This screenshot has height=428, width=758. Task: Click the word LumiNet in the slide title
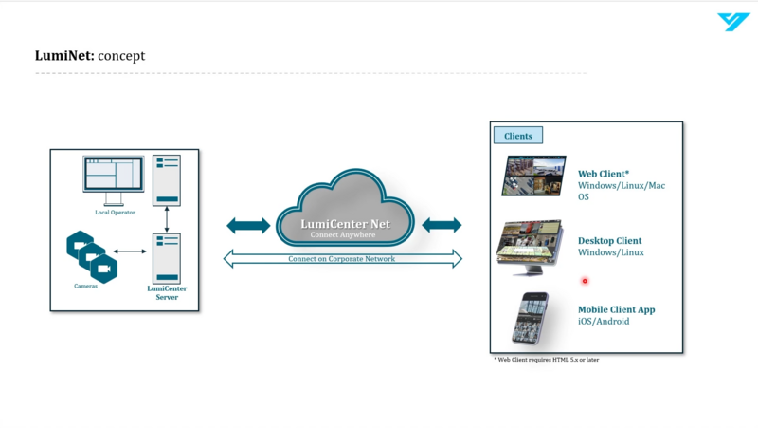pyautogui.click(x=64, y=56)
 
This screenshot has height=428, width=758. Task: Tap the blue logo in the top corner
pyautogui.click(x=733, y=22)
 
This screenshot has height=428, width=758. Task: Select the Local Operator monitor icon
pyautogui.click(x=114, y=177)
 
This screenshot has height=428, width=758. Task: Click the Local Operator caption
pyautogui.click(x=115, y=213)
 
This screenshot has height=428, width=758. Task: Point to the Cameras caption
pyautogui.click(x=86, y=286)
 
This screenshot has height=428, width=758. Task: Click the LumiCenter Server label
pyautogui.click(x=167, y=293)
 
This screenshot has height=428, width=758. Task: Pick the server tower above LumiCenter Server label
pyautogui.click(x=167, y=257)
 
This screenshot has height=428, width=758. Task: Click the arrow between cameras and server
pyautogui.click(x=132, y=251)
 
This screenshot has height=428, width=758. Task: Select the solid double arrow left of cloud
pyautogui.click(x=248, y=225)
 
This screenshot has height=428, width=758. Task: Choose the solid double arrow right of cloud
pyautogui.click(x=442, y=225)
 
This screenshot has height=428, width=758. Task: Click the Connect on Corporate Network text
pyautogui.click(x=342, y=259)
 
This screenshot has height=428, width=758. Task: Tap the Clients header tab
pyautogui.click(x=518, y=136)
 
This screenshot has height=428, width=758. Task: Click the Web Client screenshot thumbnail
pyautogui.click(x=533, y=177)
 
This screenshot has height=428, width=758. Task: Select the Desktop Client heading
pyautogui.click(x=609, y=241)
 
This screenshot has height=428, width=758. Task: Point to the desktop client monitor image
pyautogui.click(x=530, y=247)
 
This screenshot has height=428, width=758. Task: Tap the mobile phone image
pyautogui.click(x=531, y=318)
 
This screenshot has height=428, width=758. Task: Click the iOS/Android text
pyautogui.click(x=604, y=322)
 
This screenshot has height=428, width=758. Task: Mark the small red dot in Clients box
pyautogui.click(x=585, y=281)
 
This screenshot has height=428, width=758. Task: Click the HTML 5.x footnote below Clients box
pyautogui.click(x=547, y=361)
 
